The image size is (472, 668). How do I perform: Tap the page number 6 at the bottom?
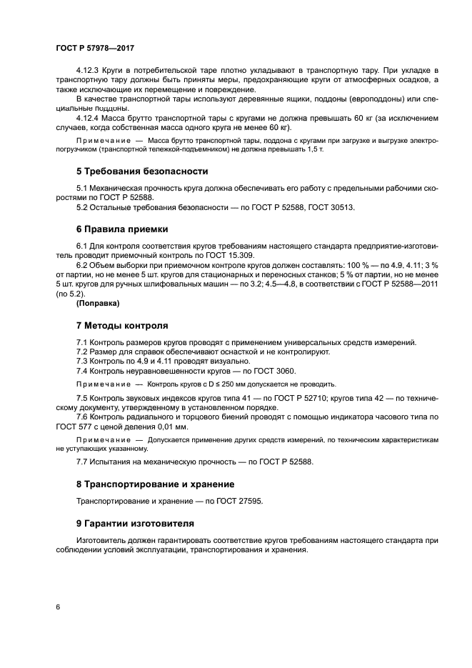pos(57,607)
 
